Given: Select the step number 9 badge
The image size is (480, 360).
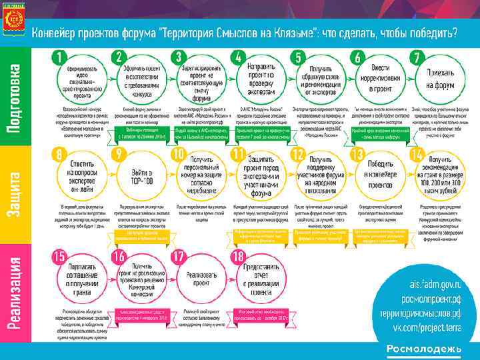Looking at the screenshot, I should click(119, 155).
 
